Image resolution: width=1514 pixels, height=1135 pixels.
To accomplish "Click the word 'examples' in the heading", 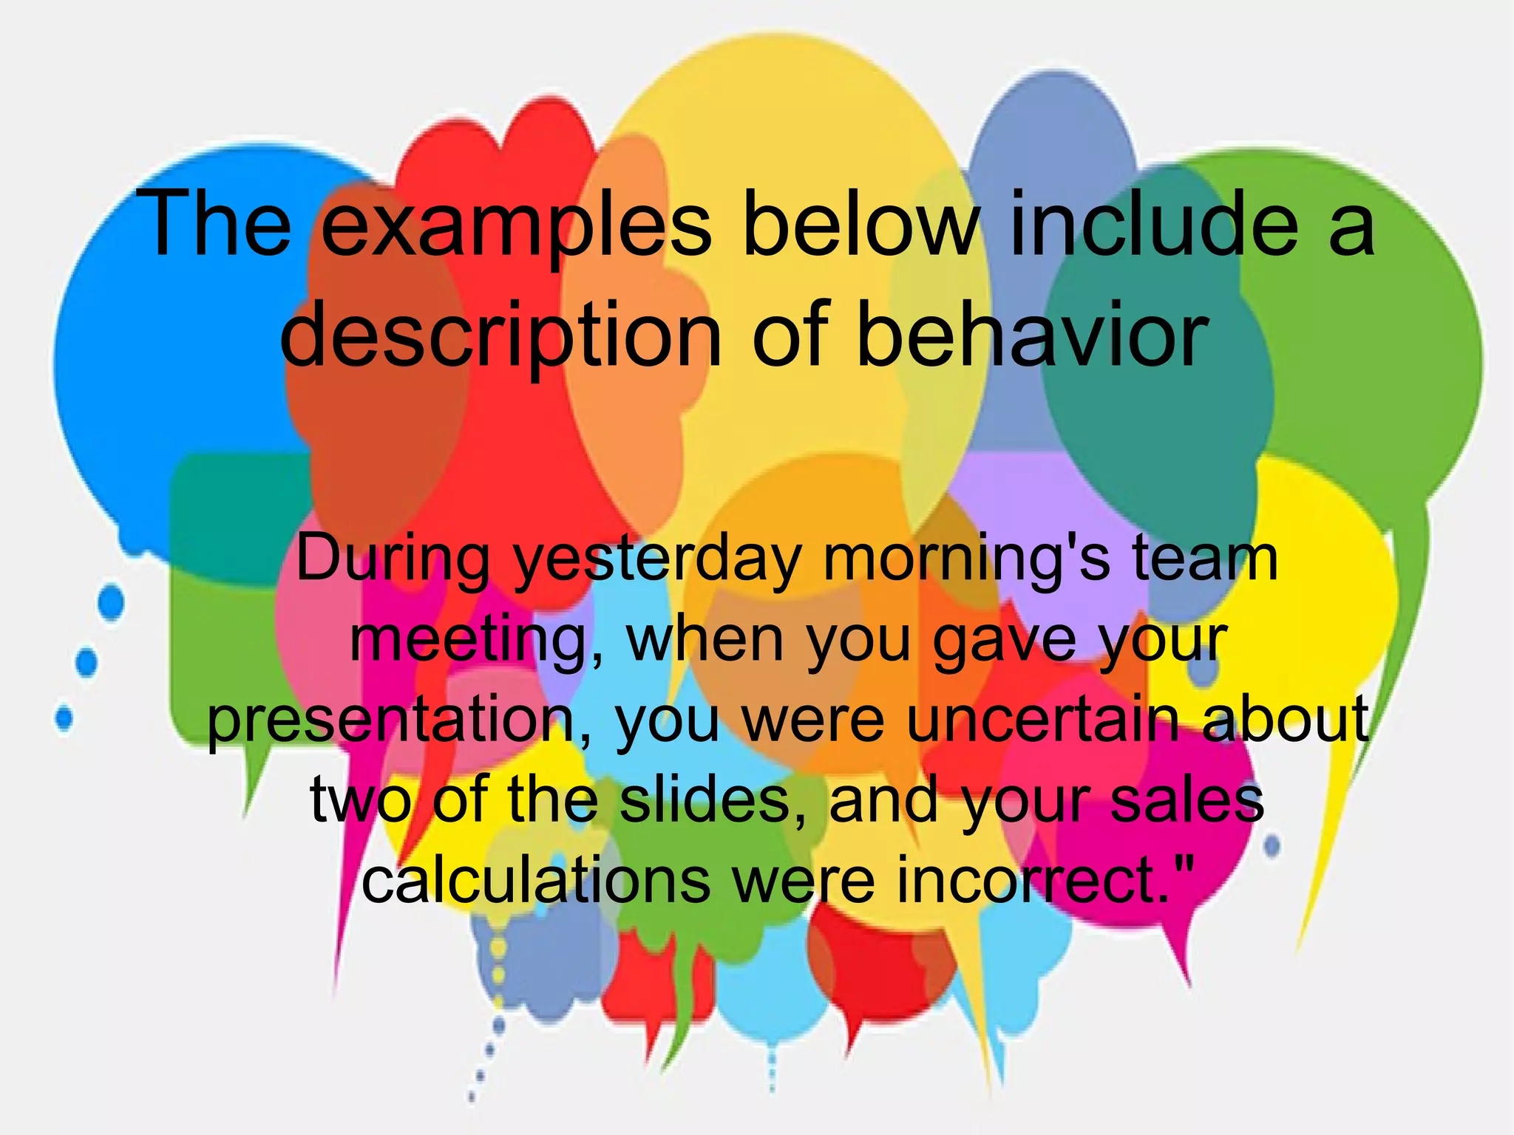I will (x=516, y=225).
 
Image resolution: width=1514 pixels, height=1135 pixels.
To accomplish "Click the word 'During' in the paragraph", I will (x=393, y=559).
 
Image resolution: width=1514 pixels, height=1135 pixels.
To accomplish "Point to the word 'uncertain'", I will (x=1044, y=720).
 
